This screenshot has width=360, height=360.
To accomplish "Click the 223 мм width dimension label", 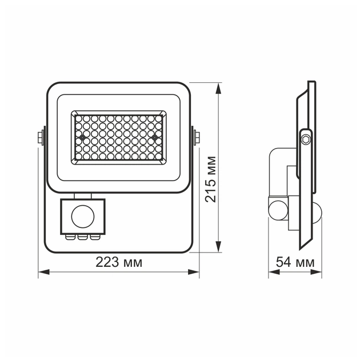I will coord(118,262).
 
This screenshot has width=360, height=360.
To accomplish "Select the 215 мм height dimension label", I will coord(211,178).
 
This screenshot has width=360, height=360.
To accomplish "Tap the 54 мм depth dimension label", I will coord(295,262).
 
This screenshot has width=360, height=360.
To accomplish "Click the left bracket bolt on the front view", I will coord(41,137).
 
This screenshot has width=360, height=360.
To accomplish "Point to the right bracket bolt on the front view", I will coord(197,137).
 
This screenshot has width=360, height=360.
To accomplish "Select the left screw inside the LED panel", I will coord(82,138).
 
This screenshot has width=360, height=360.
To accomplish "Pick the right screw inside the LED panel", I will coord(154,137).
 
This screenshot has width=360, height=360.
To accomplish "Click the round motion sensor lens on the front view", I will coord(82,215).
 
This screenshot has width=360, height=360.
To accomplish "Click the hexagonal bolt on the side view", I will coord(306,138).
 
